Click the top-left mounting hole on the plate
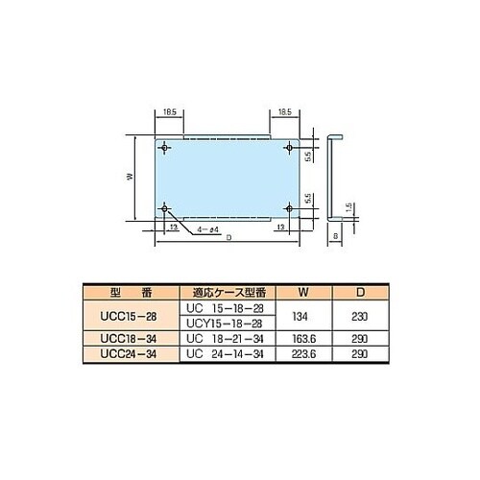[x=166, y=148]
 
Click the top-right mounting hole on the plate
[x=289, y=148]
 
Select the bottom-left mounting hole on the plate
[x=166, y=208]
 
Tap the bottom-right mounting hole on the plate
[x=289, y=208]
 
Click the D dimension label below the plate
[x=228, y=248]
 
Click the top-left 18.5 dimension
[x=167, y=112]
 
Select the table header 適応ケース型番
[x=228, y=291]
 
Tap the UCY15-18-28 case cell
[x=228, y=324]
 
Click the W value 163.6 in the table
[x=303, y=340]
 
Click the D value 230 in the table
[x=359, y=315]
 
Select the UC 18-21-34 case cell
[x=228, y=340]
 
